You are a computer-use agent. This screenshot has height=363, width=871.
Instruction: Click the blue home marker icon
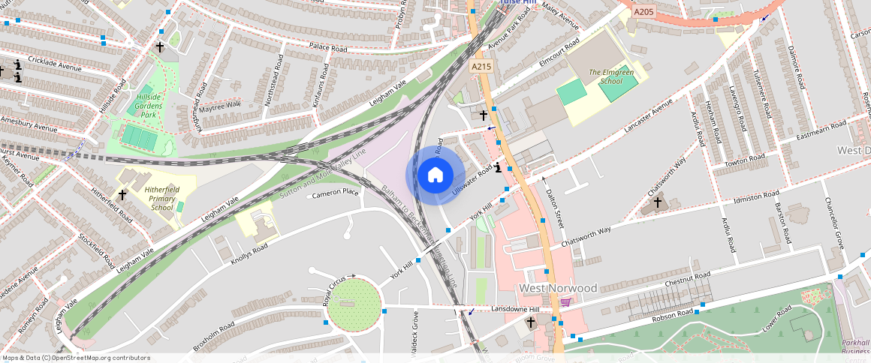click(x=435, y=175)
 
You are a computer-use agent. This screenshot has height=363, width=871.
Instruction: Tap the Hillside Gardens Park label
click(x=149, y=102)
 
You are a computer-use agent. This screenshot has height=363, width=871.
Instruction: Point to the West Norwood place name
click(x=558, y=288)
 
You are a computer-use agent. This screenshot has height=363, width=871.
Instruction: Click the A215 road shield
click(x=481, y=67)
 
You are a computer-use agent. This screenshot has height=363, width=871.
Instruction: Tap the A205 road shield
click(x=643, y=11)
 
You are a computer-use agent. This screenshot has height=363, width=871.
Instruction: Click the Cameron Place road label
click(x=336, y=192)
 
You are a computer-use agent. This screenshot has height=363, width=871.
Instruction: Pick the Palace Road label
click(x=328, y=49)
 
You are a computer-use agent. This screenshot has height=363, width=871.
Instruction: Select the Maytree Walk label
click(x=221, y=104)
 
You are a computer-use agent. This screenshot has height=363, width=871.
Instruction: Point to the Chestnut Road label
click(x=687, y=280)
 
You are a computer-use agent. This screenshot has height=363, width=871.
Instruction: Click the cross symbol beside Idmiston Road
click(x=657, y=202)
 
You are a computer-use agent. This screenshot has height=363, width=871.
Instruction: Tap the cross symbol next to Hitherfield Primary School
click(x=122, y=194)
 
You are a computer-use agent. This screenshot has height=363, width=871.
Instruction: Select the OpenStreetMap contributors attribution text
click(x=75, y=358)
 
